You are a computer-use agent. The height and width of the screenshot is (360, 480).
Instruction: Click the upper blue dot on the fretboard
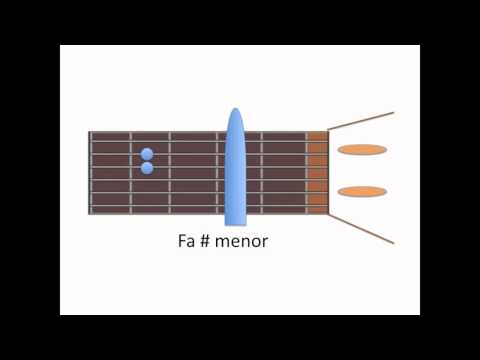pos(147,154)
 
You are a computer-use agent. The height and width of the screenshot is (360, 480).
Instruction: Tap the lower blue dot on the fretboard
pos(147,168)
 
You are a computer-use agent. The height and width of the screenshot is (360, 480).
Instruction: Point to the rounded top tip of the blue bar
pos(236,109)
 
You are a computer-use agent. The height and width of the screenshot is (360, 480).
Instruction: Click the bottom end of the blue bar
pos(236,224)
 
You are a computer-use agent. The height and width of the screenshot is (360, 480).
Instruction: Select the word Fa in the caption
pos(186,241)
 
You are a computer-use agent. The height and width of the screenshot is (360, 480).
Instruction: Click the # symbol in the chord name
pos(205,241)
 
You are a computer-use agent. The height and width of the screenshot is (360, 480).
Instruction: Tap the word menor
pos(241,241)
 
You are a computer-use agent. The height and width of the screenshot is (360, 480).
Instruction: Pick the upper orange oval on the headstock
pos(362,150)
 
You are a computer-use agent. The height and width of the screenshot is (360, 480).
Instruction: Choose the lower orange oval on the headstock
pos(362,192)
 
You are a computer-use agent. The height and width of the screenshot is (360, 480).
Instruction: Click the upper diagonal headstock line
pos(361,121)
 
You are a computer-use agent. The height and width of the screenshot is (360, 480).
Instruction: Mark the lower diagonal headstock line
pos(361,229)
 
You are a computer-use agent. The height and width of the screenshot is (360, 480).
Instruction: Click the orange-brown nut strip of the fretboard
pos(318,173)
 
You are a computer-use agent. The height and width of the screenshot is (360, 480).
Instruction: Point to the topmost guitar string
pos(209,141)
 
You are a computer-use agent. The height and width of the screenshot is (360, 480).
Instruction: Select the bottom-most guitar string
pos(209,206)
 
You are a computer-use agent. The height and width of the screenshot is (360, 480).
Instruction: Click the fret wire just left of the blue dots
pos(131,173)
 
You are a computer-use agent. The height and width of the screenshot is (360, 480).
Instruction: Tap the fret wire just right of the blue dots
pos(170,173)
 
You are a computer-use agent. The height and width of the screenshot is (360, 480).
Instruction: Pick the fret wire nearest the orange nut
pos(306,173)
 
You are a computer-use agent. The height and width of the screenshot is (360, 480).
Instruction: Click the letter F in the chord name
pos(182,241)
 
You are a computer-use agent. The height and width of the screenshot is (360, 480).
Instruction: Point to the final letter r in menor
pos(265,243)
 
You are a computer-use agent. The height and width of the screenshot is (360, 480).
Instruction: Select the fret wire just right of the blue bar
pos(261,173)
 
